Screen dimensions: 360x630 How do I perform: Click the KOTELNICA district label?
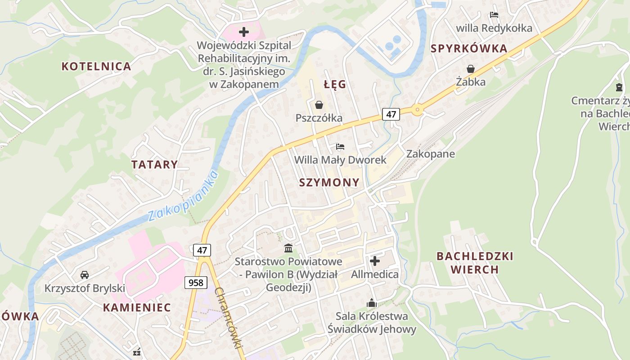pos(96,67)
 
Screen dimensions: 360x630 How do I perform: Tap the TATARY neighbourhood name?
pos(154,165)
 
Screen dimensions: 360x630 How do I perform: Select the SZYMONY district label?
pos(329,182)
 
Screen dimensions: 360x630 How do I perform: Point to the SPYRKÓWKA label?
pos(469,49)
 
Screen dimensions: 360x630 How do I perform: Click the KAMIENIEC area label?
pos(137,308)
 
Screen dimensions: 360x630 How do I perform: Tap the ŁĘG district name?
pos(335,85)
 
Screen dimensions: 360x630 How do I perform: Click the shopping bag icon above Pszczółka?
pos(319,105)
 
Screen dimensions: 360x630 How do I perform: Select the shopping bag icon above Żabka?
pos(471,69)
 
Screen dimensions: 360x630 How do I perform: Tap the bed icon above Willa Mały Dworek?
pos(340,147)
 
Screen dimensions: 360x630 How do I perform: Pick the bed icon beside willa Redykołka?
pos(494,15)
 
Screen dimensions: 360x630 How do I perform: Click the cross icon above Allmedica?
pos(374,261)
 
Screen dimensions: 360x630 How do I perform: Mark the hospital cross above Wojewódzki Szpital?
pos(243,32)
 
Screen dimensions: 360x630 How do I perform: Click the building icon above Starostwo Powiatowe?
pos(288,248)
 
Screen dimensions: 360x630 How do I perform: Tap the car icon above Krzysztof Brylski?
pos(85,274)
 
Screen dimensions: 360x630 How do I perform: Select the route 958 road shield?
pos(196,283)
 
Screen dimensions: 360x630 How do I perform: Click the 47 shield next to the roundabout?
pos(391,114)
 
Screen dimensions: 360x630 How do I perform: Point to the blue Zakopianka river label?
pos(183,196)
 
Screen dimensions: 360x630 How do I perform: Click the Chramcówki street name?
pos(229,323)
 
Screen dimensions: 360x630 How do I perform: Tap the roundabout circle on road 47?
pos(418,109)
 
